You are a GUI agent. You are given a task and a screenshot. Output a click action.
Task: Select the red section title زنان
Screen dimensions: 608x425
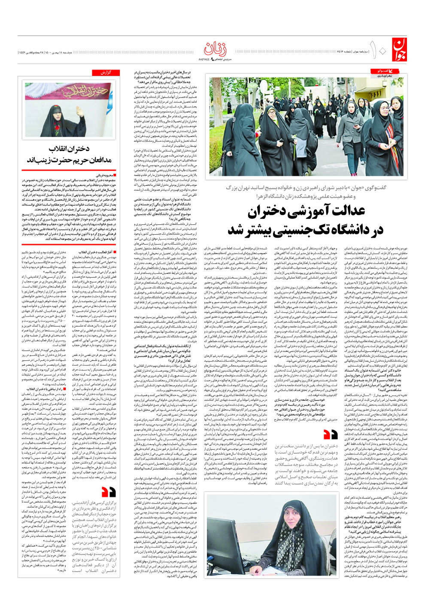[x=215, y=49]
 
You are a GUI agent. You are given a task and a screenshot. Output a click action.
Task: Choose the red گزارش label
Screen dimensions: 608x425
[x=105, y=73]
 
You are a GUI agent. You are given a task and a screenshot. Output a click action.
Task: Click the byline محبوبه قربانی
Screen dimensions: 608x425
[x=105, y=175]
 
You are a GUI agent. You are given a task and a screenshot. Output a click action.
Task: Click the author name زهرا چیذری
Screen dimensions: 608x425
[x=385, y=76]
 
